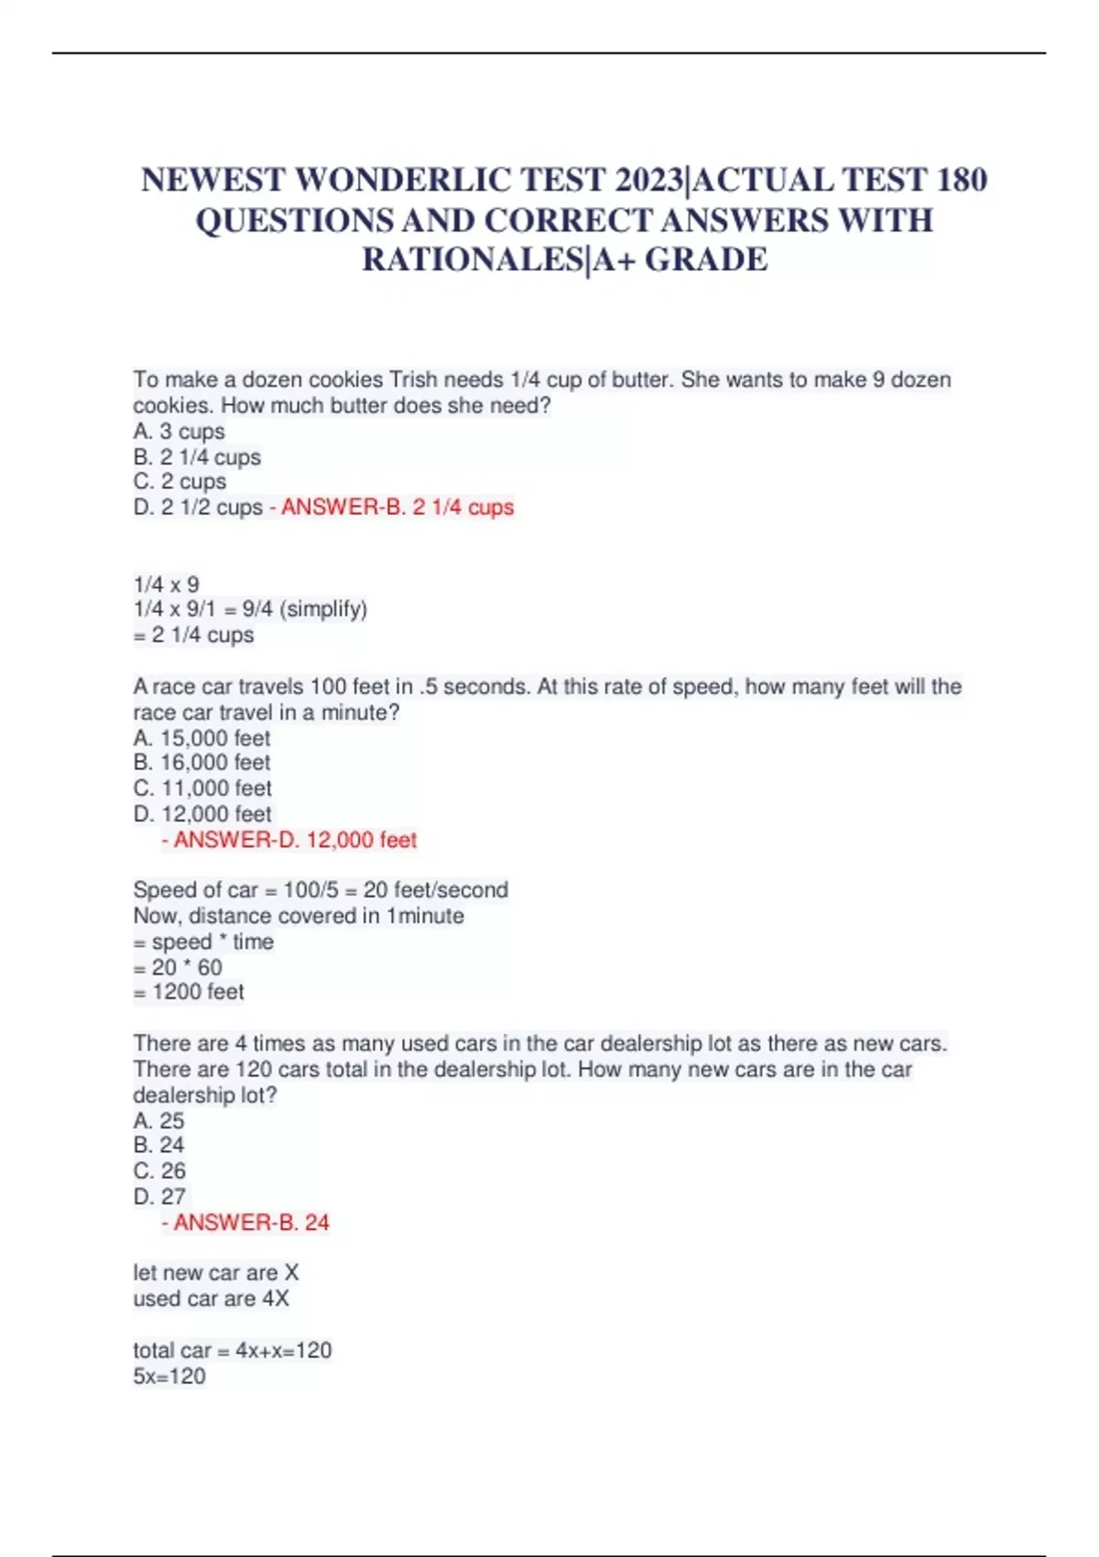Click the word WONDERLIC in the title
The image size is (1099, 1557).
point(403,180)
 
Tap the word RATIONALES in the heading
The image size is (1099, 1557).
point(471,260)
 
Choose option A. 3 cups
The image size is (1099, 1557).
point(179,431)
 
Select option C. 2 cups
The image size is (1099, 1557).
point(180,482)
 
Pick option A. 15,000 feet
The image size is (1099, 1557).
point(201,738)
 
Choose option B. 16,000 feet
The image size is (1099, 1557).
point(201,763)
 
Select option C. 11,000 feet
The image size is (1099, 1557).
point(202,789)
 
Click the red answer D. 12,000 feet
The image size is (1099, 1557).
point(294,840)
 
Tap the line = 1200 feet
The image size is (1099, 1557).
point(189,992)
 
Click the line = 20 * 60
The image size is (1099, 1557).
point(178,967)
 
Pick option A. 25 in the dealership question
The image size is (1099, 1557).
point(158,1121)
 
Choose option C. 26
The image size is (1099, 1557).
point(159,1171)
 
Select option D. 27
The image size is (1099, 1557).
point(159,1197)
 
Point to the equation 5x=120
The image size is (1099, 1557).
point(169,1377)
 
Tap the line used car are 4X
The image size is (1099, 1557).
point(211,1299)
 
